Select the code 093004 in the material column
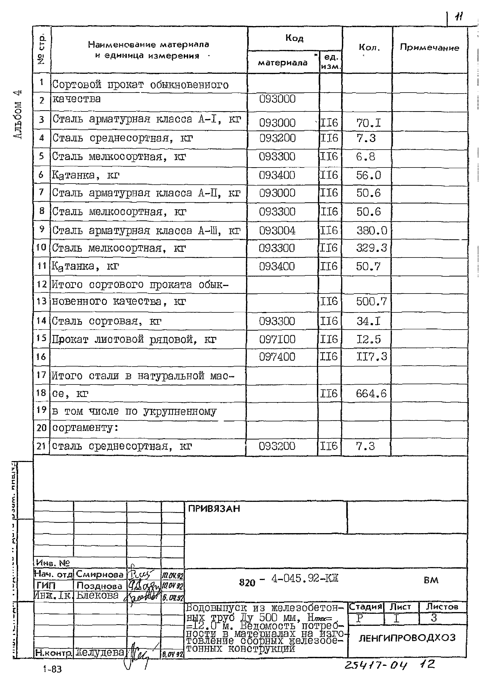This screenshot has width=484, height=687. pos(277,231)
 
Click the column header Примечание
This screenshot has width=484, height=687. pos(429,48)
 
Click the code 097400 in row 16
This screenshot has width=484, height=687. pos(277,357)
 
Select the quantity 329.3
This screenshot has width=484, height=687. pos(371,248)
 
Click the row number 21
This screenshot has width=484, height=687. pos(41,446)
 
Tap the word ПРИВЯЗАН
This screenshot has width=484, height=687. pos(214,509)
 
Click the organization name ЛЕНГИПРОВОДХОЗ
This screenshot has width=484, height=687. pos(407,638)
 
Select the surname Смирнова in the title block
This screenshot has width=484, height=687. pos(100,574)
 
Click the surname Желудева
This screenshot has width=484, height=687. pos(100,653)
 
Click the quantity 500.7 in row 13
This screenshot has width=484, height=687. pos(371,301)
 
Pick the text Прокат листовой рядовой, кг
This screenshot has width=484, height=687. pos(134,340)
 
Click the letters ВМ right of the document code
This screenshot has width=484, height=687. pos(431,580)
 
